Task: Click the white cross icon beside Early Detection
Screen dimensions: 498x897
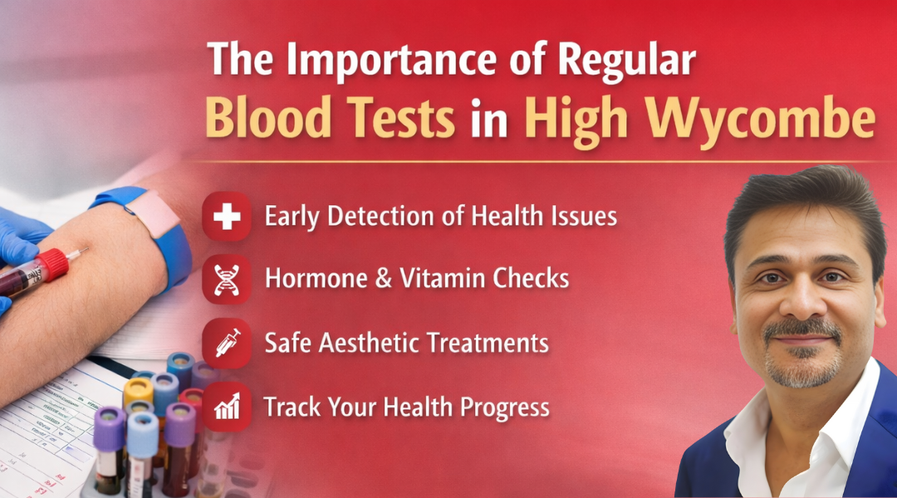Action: tap(227, 217)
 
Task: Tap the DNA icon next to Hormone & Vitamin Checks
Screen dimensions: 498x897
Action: tap(227, 279)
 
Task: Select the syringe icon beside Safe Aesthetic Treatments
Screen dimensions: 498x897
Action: tap(227, 343)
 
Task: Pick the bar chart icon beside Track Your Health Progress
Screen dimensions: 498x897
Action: tap(227, 407)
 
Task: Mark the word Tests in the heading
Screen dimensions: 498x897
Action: tap(395, 119)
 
